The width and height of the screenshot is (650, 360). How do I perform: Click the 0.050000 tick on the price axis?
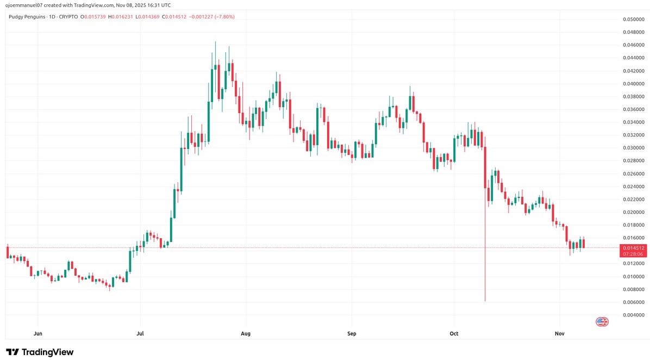tap(633, 20)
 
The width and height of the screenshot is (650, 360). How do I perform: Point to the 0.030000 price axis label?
tap(633, 148)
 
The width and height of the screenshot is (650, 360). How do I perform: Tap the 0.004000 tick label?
tap(633, 315)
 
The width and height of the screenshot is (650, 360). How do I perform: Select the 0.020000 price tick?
tap(633, 212)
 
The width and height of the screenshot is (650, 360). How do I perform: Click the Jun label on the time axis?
tap(37, 333)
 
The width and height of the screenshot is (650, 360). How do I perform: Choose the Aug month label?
tap(246, 333)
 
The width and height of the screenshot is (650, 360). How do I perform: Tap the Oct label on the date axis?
tap(454, 333)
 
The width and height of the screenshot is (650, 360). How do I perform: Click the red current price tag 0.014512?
tap(633, 248)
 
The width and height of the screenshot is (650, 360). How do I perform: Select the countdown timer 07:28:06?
tap(633, 254)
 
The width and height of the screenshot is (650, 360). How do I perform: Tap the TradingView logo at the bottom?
tap(40, 352)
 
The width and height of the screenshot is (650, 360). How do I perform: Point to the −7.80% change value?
tap(224, 17)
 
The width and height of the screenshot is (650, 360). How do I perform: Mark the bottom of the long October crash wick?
tap(484, 301)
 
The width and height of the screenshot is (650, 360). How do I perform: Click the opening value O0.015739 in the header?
tap(93, 17)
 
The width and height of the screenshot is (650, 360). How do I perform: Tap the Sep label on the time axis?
tap(352, 333)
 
